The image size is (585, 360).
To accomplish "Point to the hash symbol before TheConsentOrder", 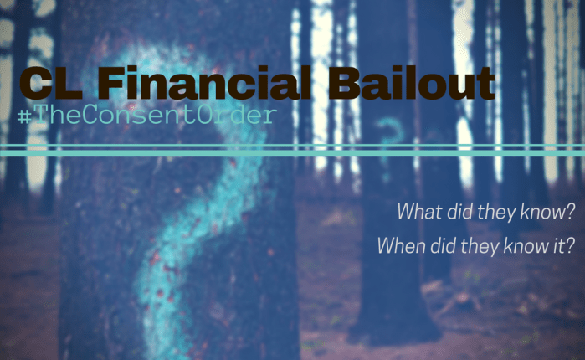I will click(22, 116).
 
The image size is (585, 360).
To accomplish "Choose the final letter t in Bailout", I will click(485, 85).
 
